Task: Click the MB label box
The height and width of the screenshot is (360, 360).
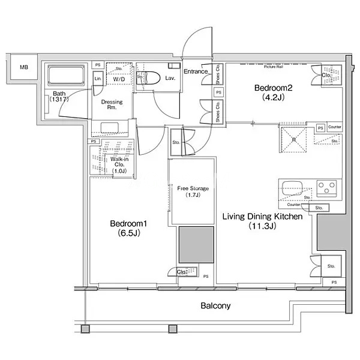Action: (x=23, y=68)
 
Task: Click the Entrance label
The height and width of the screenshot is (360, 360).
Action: (x=196, y=72)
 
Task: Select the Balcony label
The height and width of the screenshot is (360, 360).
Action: (x=215, y=305)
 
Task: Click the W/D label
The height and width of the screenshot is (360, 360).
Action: (x=119, y=79)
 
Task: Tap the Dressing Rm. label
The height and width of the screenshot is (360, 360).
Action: (x=112, y=106)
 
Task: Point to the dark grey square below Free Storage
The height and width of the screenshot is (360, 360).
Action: (x=196, y=245)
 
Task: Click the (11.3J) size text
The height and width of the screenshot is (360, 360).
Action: (x=262, y=226)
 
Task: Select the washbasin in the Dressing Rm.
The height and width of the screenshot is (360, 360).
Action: (x=112, y=127)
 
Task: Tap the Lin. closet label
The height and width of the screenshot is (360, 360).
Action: (x=98, y=79)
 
